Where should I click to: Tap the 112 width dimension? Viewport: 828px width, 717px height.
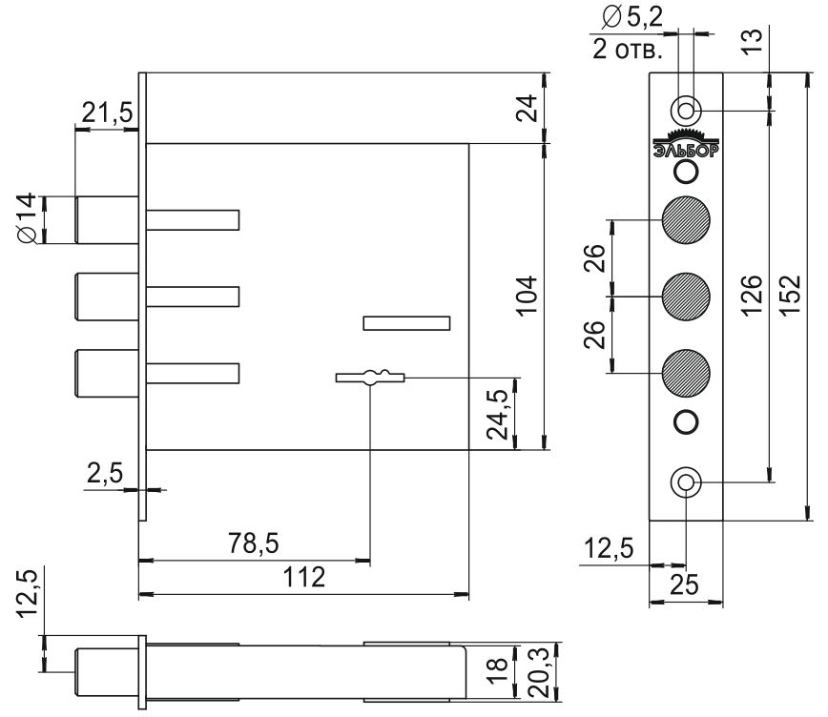(x=304, y=578)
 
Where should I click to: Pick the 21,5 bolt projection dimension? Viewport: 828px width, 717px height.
(x=106, y=113)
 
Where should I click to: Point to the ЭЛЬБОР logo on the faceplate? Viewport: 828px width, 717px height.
(x=686, y=145)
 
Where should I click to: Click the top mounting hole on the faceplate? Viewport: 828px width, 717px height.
(x=686, y=106)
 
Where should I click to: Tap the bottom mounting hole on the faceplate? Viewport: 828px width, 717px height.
(x=686, y=482)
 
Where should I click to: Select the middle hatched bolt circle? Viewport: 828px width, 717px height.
(x=686, y=296)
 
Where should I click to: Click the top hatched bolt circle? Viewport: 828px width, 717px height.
(x=686, y=220)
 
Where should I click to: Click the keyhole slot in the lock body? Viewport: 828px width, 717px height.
(x=371, y=378)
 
